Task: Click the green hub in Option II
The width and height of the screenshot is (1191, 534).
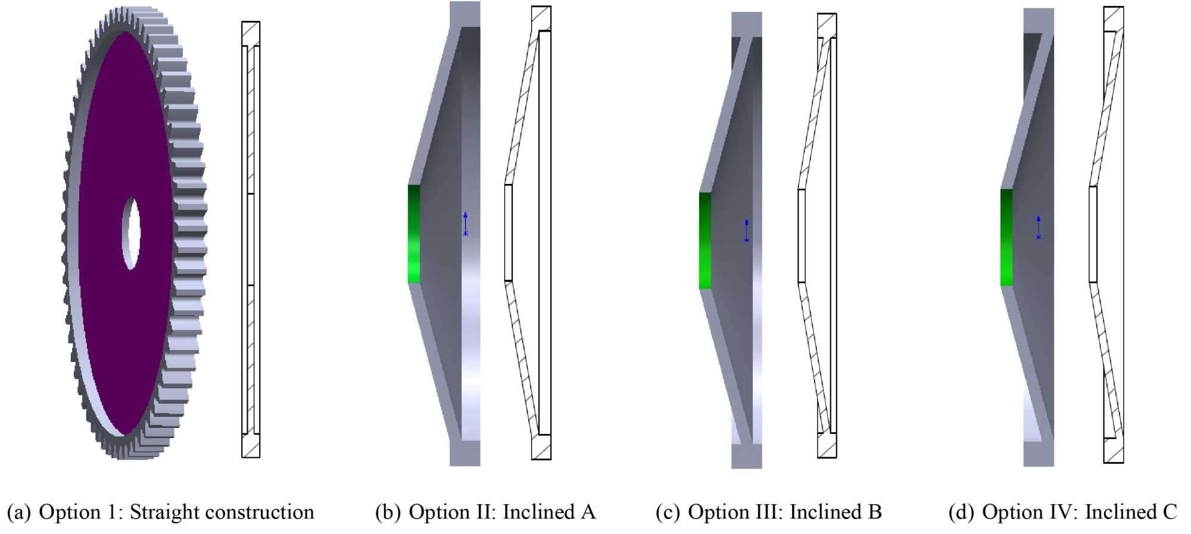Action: point(414,233)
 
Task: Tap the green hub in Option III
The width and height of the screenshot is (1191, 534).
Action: point(705,241)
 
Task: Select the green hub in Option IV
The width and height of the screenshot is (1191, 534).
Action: point(1006,237)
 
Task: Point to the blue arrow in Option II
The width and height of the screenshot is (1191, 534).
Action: point(466,224)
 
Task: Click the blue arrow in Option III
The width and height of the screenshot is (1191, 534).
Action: point(746,230)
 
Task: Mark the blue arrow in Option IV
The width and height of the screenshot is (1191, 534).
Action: point(1039,227)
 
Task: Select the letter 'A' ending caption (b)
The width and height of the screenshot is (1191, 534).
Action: point(588,513)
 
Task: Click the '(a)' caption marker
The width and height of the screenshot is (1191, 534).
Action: point(18,513)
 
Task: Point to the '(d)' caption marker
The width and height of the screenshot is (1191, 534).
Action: point(961,513)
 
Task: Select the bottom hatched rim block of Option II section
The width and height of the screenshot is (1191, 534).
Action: point(541,448)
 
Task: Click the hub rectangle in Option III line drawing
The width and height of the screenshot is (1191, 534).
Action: point(802,236)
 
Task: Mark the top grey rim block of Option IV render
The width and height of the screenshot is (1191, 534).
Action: point(1039,20)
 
